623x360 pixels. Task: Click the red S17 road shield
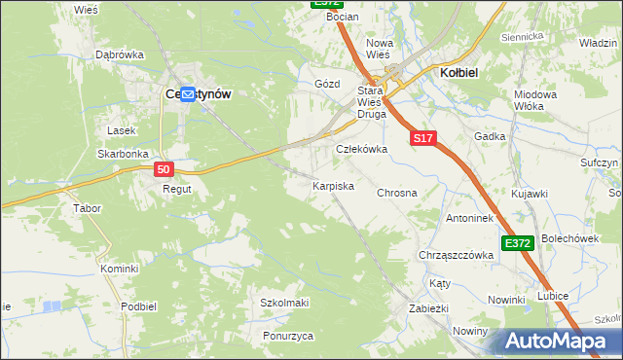(x=421, y=139)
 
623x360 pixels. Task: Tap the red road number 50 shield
(x=164, y=169)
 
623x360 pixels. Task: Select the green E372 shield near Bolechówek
(x=518, y=242)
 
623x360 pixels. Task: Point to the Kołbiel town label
(x=458, y=73)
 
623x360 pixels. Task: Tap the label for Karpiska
(x=333, y=185)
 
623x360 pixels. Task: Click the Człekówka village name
(x=361, y=150)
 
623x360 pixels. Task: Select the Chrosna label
(x=397, y=193)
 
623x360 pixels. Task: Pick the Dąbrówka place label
(x=119, y=55)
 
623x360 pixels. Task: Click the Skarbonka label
(x=122, y=154)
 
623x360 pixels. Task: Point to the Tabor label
(x=88, y=208)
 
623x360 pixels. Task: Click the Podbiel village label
(x=139, y=306)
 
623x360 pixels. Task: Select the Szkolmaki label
(x=284, y=303)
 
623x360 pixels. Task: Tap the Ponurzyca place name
(x=287, y=336)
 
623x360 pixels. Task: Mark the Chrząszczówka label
(x=456, y=255)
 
